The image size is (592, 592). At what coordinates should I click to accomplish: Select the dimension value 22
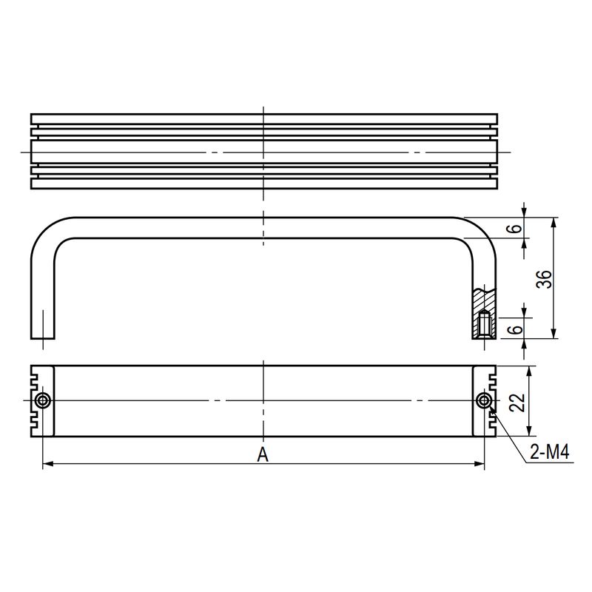pyautogui.click(x=517, y=403)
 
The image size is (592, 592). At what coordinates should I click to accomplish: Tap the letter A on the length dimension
pyautogui.click(x=263, y=454)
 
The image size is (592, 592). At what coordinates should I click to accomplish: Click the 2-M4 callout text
pyautogui.click(x=549, y=451)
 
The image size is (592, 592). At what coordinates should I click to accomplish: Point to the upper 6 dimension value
pyautogui.click(x=516, y=228)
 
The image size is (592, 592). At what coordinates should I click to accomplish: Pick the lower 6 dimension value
pyautogui.click(x=516, y=329)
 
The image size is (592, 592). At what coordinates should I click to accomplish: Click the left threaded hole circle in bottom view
pyautogui.click(x=43, y=400)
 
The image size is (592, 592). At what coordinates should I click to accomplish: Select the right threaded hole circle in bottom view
pyautogui.click(x=484, y=400)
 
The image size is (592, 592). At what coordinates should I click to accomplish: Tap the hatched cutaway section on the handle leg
pyautogui.click(x=484, y=313)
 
